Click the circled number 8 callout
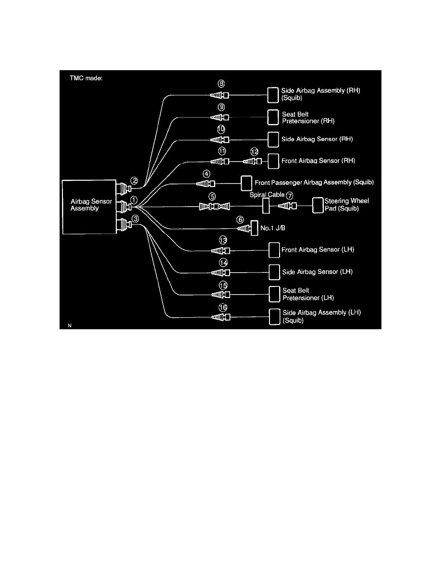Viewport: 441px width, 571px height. point(221,83)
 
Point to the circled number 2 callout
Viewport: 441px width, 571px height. point(135,181)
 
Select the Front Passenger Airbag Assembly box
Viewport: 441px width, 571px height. point(246,183)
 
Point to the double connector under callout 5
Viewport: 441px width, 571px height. point(215,207)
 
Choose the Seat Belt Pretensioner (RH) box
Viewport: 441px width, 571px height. point(273,117)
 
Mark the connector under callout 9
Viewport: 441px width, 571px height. point(220,117)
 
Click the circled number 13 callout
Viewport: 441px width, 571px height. point(222,240)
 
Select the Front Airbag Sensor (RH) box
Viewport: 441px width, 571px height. point(273,161)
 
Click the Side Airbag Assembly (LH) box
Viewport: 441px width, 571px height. point(274,317)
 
